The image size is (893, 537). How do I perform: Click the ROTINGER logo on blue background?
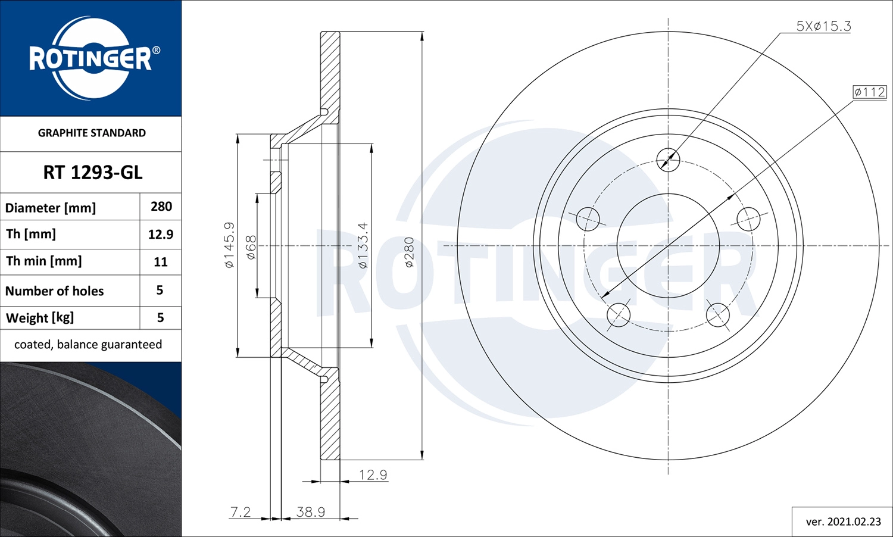tap(91, 58)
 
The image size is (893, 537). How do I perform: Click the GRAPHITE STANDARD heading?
tap(92, 133)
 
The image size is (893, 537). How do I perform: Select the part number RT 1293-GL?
tap(92, 173)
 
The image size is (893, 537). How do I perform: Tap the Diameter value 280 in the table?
tap(161, 207)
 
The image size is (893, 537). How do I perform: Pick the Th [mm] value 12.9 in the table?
tap(161, 235)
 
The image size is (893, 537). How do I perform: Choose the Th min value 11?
tap(161, 262)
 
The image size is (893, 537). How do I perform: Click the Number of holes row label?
tap(55, 291)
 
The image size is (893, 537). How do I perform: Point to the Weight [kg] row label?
tap(40, 318)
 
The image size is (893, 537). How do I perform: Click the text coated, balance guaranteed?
tap(88, 345)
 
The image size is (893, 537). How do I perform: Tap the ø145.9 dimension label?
tap(229, 245)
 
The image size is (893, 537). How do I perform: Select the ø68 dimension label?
tap(251, 246)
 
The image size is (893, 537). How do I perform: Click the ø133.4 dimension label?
tap(363, 245)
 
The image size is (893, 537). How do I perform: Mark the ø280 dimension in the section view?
tap(409, 252)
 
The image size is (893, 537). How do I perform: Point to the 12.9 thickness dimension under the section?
tap(373, 474)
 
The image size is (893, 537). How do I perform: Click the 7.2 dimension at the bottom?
tap(241, 512)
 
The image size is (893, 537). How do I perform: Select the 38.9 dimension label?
tap(311, 512)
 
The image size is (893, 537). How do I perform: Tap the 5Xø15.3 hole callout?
tap(823, 26)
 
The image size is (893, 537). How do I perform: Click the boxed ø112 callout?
tap(869, 92)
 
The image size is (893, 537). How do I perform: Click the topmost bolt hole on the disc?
tap(668, 160)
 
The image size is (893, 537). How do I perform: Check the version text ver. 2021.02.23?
tap(843, 522)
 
